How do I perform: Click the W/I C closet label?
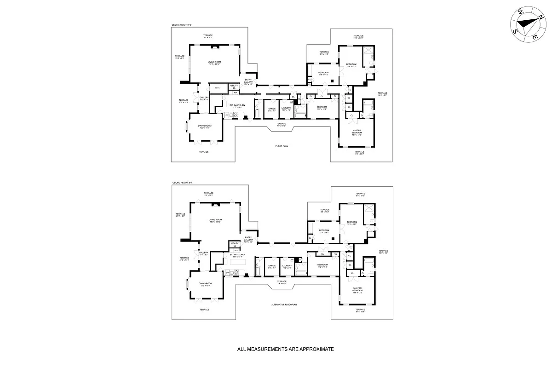pyautogui.click(x=217, y=88)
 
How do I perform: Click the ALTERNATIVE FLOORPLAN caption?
pyautogui.click(x=282, y=305)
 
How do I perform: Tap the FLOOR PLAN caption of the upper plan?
pyautogui.click(x=282, y=146)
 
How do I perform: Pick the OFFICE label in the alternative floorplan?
pyautogui.click(x=272, y=265)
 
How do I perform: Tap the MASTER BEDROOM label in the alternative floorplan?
pyautogui.click(x=357, y=290)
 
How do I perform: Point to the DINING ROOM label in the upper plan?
pyautogui.click(x=205, y=126)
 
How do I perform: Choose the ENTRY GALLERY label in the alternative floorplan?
pyautogui.click(x=248, y=239)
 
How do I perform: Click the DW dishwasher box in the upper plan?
pyautogui.click(x=227, y=115)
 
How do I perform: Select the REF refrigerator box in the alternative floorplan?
pyautogui.click(x=236, y=250)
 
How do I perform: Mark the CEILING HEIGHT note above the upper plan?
pyautogui.click(x=182, y=25)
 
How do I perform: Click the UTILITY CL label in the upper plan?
pyautogui.click(x=234, y=86)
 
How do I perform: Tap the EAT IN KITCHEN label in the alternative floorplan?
pyautogui.click(x=237, y=254)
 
